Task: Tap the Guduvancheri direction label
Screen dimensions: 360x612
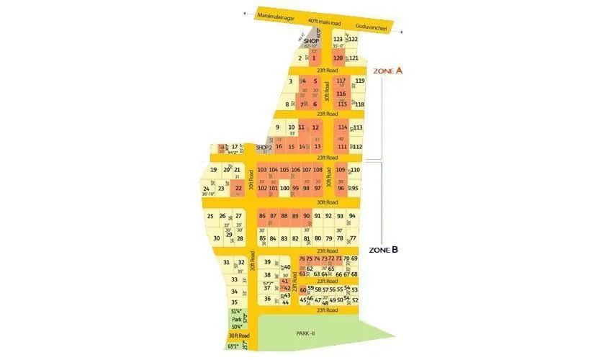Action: click(372, 27)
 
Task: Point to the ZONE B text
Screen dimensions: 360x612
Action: click(384, 250)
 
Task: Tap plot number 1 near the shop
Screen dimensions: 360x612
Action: click(314, 58)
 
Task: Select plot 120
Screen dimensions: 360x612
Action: click(338, 58)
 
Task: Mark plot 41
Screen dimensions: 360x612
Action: click(284, 281)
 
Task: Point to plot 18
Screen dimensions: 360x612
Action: click(221, 147)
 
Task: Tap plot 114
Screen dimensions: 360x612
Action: click(342, 127)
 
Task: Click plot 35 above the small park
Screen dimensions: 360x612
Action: click(234, 302)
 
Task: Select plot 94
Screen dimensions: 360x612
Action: click(352, 216)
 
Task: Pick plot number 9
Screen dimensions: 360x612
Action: click(277, 127)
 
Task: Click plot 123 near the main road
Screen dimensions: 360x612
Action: click(338, 40)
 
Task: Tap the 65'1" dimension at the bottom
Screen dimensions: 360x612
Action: click(233, 346)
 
